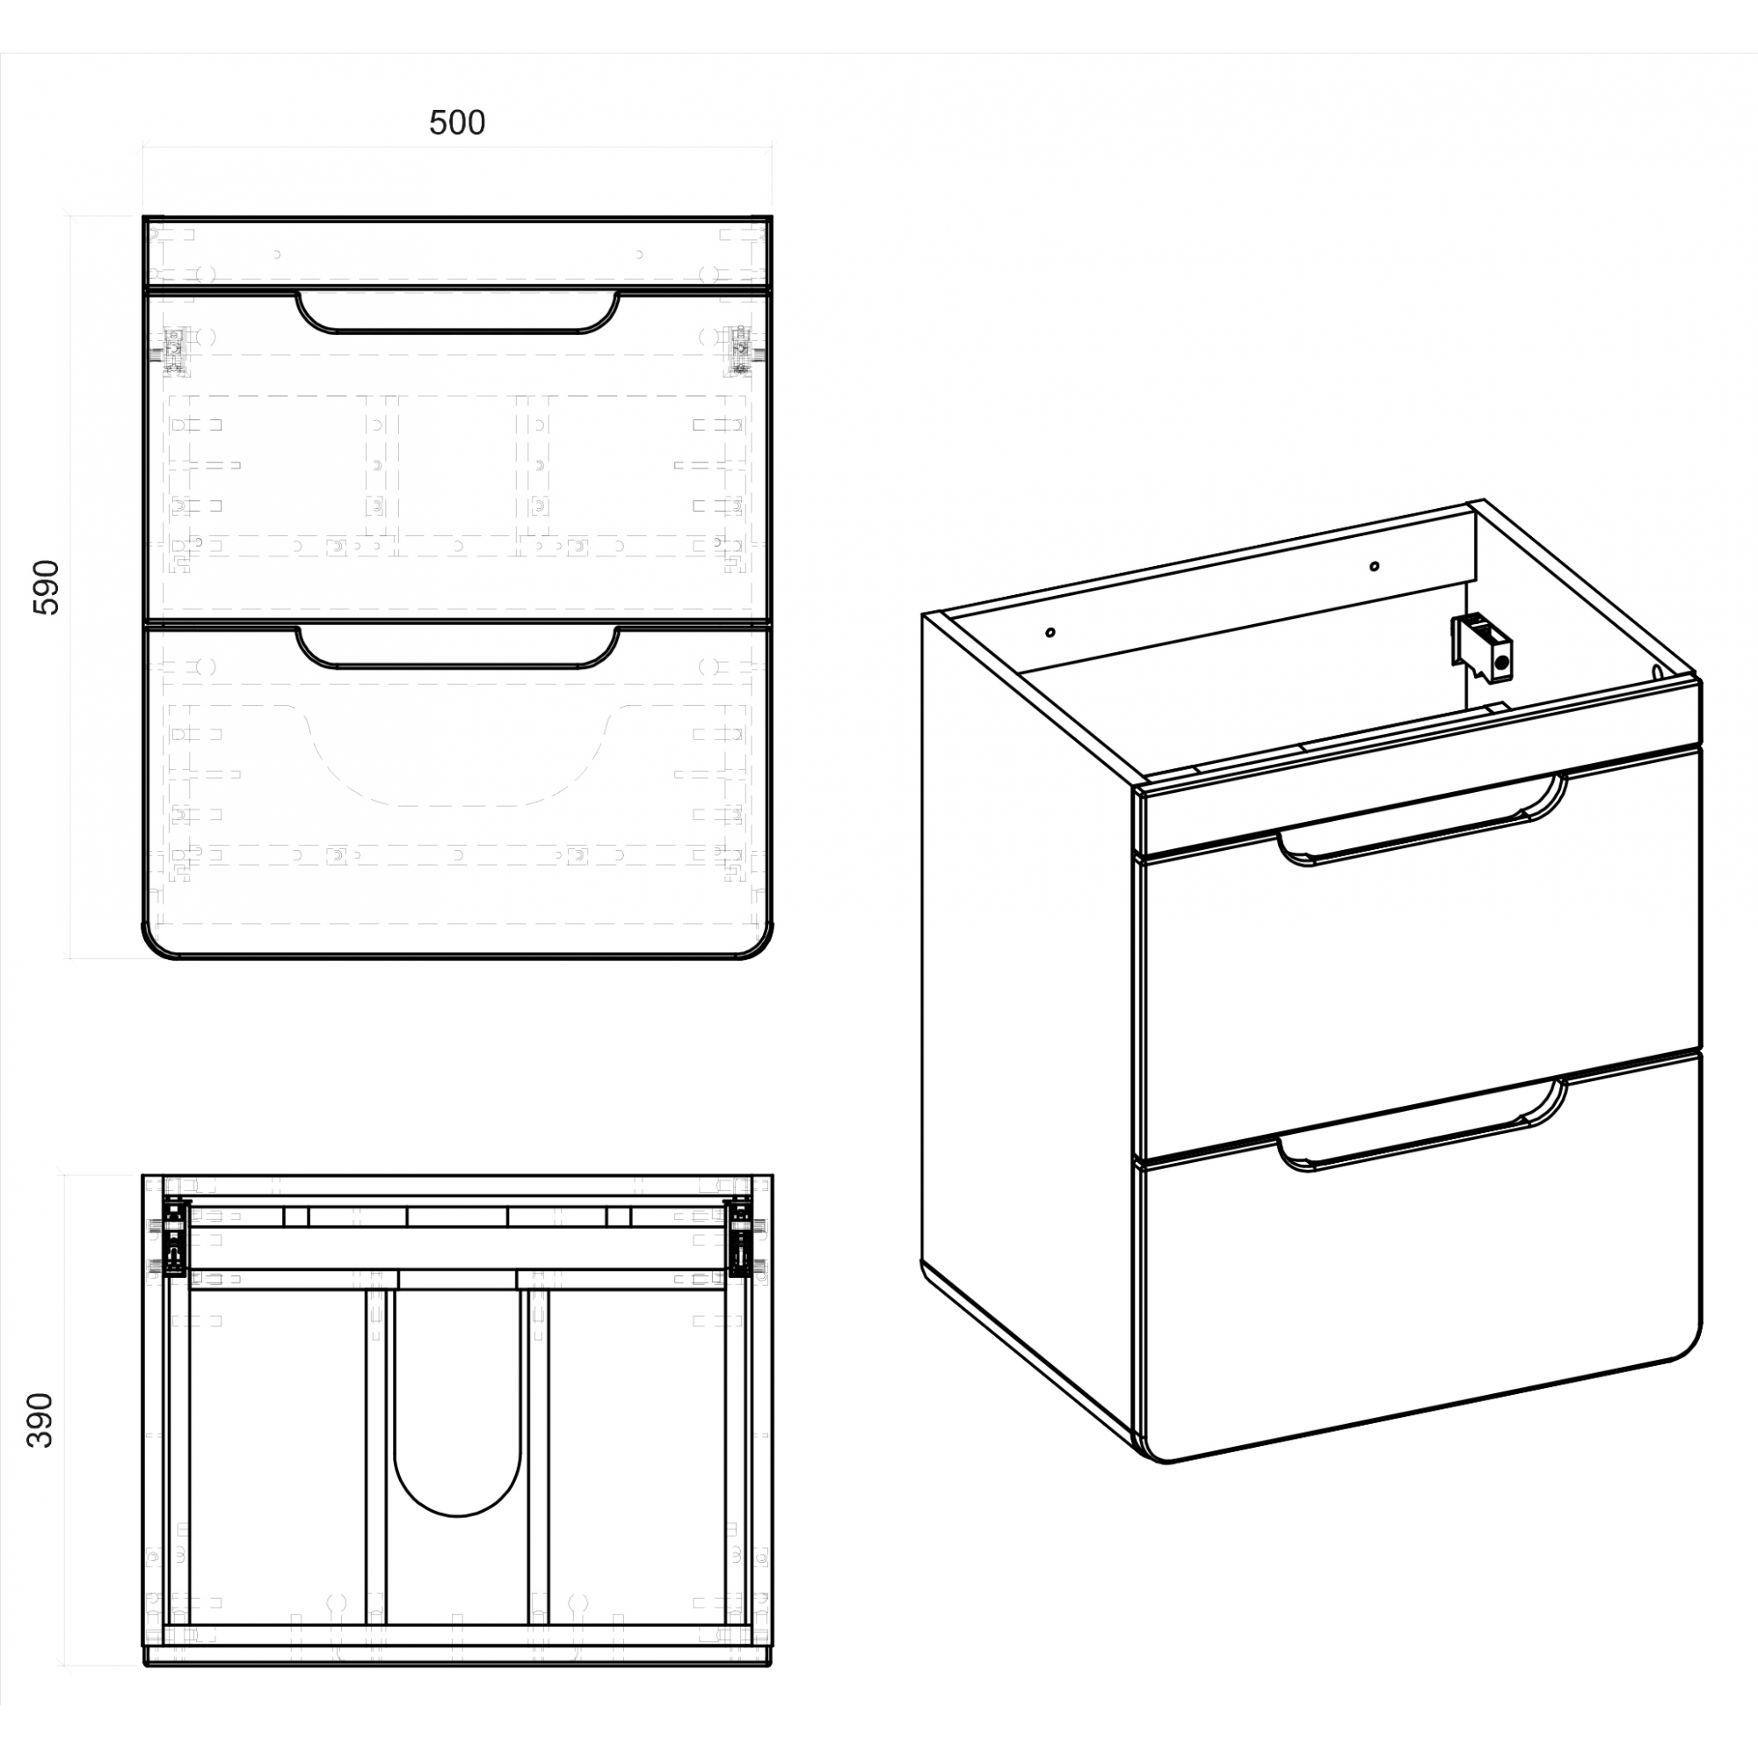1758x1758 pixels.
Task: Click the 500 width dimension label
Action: pyautogui.click(x=457, y=123)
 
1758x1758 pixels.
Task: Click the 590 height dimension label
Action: pyautogui.click(x=46, y=587)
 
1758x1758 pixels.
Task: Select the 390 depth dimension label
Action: pyautogui.click(x=40, y=1420)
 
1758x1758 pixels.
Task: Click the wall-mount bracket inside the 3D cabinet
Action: pyautogui.click(x=1482, y=647)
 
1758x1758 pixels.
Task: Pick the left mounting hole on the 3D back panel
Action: pyautogui.click(x=1050, y=632)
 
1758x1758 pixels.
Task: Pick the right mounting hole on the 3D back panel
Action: pyautogui.click(x=1374, y=566)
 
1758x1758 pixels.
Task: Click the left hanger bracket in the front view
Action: pyautogui.click(x=178, y=351)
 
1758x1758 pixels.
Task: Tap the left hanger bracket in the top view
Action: pyautogui.click(x=176, y=1237)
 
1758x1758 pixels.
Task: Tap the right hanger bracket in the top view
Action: pyautogui.click(x=739, y=1237)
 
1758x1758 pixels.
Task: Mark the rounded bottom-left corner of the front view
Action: pyautogui.click(x=154, y=946)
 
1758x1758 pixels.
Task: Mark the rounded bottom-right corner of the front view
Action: pyautogui.click(x=760, y=946)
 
